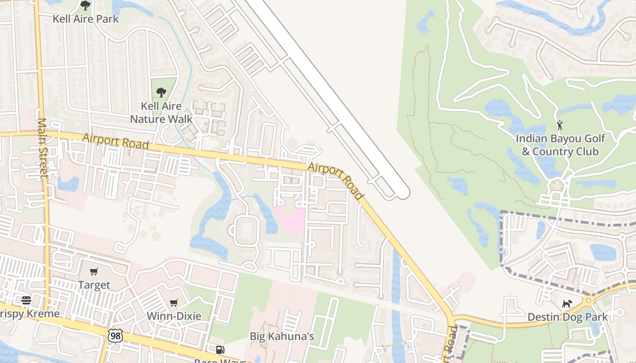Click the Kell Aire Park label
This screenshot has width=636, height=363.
click(x=85, y=19)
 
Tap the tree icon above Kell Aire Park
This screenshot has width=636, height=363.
click(x=85, y=5)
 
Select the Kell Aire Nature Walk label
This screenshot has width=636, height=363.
click(x=161, y=113)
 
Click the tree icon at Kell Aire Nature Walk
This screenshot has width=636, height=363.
click(x=161, y=93)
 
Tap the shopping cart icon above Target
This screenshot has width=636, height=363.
click(x=94, y=271)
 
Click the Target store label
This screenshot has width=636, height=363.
click(x=94, y=285)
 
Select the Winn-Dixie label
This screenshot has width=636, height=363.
click(x=174, y=316)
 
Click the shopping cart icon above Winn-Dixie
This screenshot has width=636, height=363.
click(x=174, y=303)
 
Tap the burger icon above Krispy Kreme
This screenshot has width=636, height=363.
click(x=26, y=300)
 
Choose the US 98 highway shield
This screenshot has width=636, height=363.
click(x=115, y=336)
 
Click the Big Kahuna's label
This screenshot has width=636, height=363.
click(x=282, y=336)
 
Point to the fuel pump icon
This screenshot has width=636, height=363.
click(x=220, y=350)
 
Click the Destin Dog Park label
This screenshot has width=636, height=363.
click(x=567, y=317)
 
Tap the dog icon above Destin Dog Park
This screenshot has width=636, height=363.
click(x=567, y=304)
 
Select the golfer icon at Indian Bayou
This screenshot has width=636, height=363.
click(x=560, y=125)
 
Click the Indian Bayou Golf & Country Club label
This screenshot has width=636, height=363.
click(x=560, y=145)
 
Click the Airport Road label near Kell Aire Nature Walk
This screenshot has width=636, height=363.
click(x=115, y=141)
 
